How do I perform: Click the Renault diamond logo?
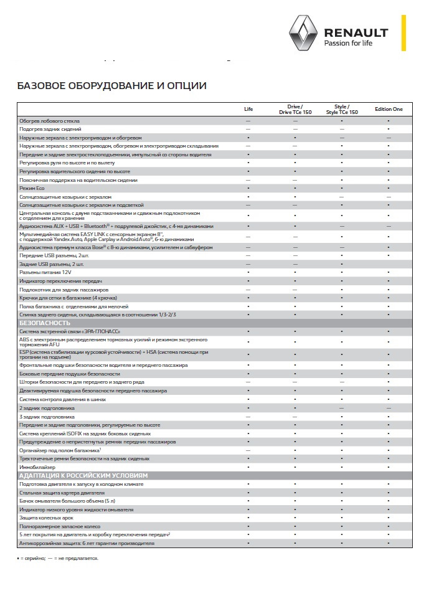302,33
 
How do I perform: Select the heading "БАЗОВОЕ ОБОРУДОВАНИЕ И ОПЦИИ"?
111,85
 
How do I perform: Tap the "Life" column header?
248,109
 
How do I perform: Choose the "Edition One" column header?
389,109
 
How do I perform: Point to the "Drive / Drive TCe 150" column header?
295,109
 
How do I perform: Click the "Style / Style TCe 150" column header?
342,109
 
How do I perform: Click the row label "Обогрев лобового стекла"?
58,121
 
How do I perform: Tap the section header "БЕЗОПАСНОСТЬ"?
45,323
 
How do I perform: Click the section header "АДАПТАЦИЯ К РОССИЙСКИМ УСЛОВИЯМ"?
84,475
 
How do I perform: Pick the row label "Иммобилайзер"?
38,467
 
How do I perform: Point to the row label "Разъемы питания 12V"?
47,273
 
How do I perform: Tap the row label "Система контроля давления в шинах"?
67,399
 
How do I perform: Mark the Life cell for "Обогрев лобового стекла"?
248,121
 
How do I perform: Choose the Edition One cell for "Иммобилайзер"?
389,467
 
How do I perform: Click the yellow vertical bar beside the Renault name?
403,33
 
